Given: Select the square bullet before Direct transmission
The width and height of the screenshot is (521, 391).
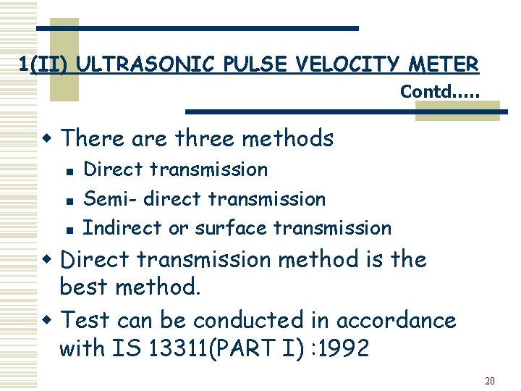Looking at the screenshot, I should tap(67, 171).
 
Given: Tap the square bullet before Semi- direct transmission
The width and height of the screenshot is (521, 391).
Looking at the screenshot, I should tap(67, 200).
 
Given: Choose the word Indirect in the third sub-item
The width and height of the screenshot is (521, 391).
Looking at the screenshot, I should tap(123, 227).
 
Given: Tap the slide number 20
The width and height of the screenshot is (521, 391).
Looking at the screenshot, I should tap(490, 380).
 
